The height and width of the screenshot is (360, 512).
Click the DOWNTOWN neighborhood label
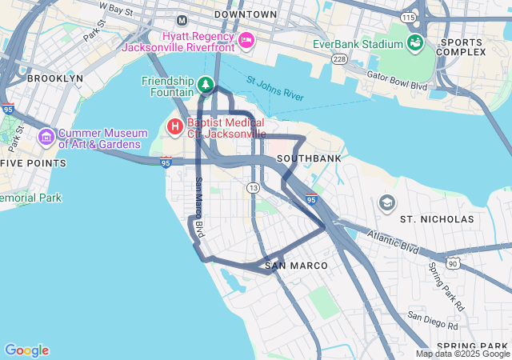pos(246,14)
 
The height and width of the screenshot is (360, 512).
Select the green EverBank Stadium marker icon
pos(415,42)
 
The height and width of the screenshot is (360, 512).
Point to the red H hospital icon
pos(174,126)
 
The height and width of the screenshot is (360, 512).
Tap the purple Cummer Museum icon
pos(46,138)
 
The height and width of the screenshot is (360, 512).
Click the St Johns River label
pos(275,89)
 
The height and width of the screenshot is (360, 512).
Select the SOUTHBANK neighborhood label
pos(309,158)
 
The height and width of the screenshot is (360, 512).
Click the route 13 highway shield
pos(254,187)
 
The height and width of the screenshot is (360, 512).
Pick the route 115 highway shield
pos(410,17)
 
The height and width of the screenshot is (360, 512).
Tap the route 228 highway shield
pos(339,61)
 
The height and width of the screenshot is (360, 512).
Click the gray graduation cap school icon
pos(387,202)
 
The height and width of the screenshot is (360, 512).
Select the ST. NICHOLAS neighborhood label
pos(437,218)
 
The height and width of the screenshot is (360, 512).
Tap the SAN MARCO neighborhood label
pos(296,265)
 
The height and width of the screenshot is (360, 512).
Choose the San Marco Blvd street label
pos(200,206)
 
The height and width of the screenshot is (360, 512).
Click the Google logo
pos(26,350)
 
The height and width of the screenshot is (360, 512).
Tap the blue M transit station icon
pos(182,19)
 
